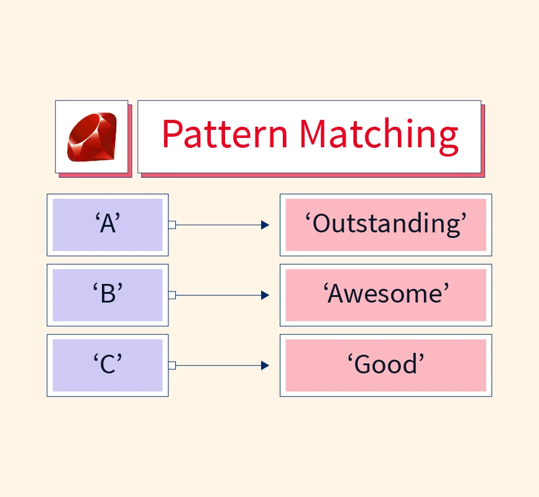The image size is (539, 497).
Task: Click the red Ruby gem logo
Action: pyautogui.click(x=92, y=137)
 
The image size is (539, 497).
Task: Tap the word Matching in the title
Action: pyautogui.click(x=379, y=136)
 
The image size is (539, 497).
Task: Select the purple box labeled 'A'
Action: pyautogui.click(x=108, y=225)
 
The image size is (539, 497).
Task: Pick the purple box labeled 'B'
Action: pyautogui.click(x=108, y=295)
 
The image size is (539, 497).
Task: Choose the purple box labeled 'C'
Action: pyautogui.click(x=108, y=365)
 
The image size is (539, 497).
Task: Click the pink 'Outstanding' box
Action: pyautogui.click(x=385, y=225)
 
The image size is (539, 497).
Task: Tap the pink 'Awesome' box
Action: pyautogui.click(x=385, y=295)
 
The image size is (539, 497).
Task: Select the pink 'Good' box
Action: pyautogui.click(x=385, y=365)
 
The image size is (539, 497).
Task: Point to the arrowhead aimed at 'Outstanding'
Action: pyautogui.click(x=265, y=225)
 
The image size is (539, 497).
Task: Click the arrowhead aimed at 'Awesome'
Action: pyautogui.click(x=265, y=295)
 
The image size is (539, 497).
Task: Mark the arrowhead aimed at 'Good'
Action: pyautogui.click(x=265, y=365)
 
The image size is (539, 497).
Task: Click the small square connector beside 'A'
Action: pyautogui.click(x=172, y=225)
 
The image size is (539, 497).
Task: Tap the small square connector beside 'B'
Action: pyautogui.click(x=172, y=295)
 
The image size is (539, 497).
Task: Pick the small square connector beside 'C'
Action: pyautogui.click(x=172, y=365)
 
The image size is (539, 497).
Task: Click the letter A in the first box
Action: pyautogui.click(x=108, y=224)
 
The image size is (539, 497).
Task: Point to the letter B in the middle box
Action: pyautogui.click(x=108, y=294)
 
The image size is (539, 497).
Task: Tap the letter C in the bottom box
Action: pyautogui.click(x=108, y=365)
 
